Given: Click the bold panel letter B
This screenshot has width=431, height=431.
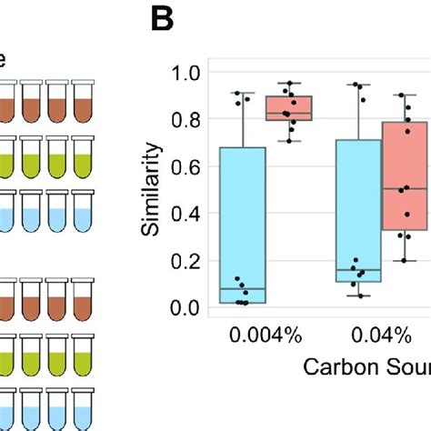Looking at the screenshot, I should point(163,21).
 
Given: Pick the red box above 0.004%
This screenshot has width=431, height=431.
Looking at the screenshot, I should point(288,107).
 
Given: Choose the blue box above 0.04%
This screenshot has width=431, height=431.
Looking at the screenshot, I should point(358,209).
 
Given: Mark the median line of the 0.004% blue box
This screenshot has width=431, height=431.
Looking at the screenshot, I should point(243,289).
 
